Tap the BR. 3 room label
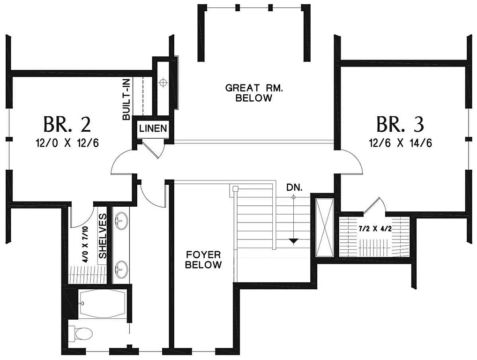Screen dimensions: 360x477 401,124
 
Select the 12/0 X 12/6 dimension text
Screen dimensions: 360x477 67,143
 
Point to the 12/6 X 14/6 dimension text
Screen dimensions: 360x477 401,143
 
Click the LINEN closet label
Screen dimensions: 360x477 152,128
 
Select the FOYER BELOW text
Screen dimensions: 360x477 203,260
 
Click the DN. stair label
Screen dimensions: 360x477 295,187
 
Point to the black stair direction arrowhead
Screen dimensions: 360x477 293,241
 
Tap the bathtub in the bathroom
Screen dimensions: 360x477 103,303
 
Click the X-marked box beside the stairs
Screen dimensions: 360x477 324,227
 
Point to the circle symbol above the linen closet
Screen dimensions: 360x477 163,83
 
